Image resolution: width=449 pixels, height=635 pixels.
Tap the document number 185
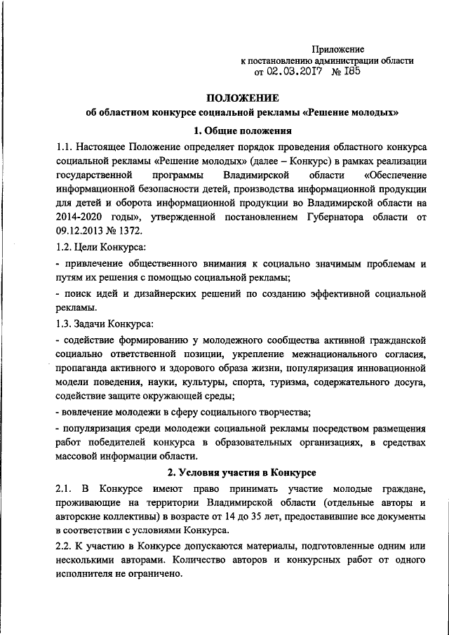pos(350,72)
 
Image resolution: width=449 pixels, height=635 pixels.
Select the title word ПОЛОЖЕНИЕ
pos(241,98)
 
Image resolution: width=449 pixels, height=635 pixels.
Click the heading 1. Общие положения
pos(243,131)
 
